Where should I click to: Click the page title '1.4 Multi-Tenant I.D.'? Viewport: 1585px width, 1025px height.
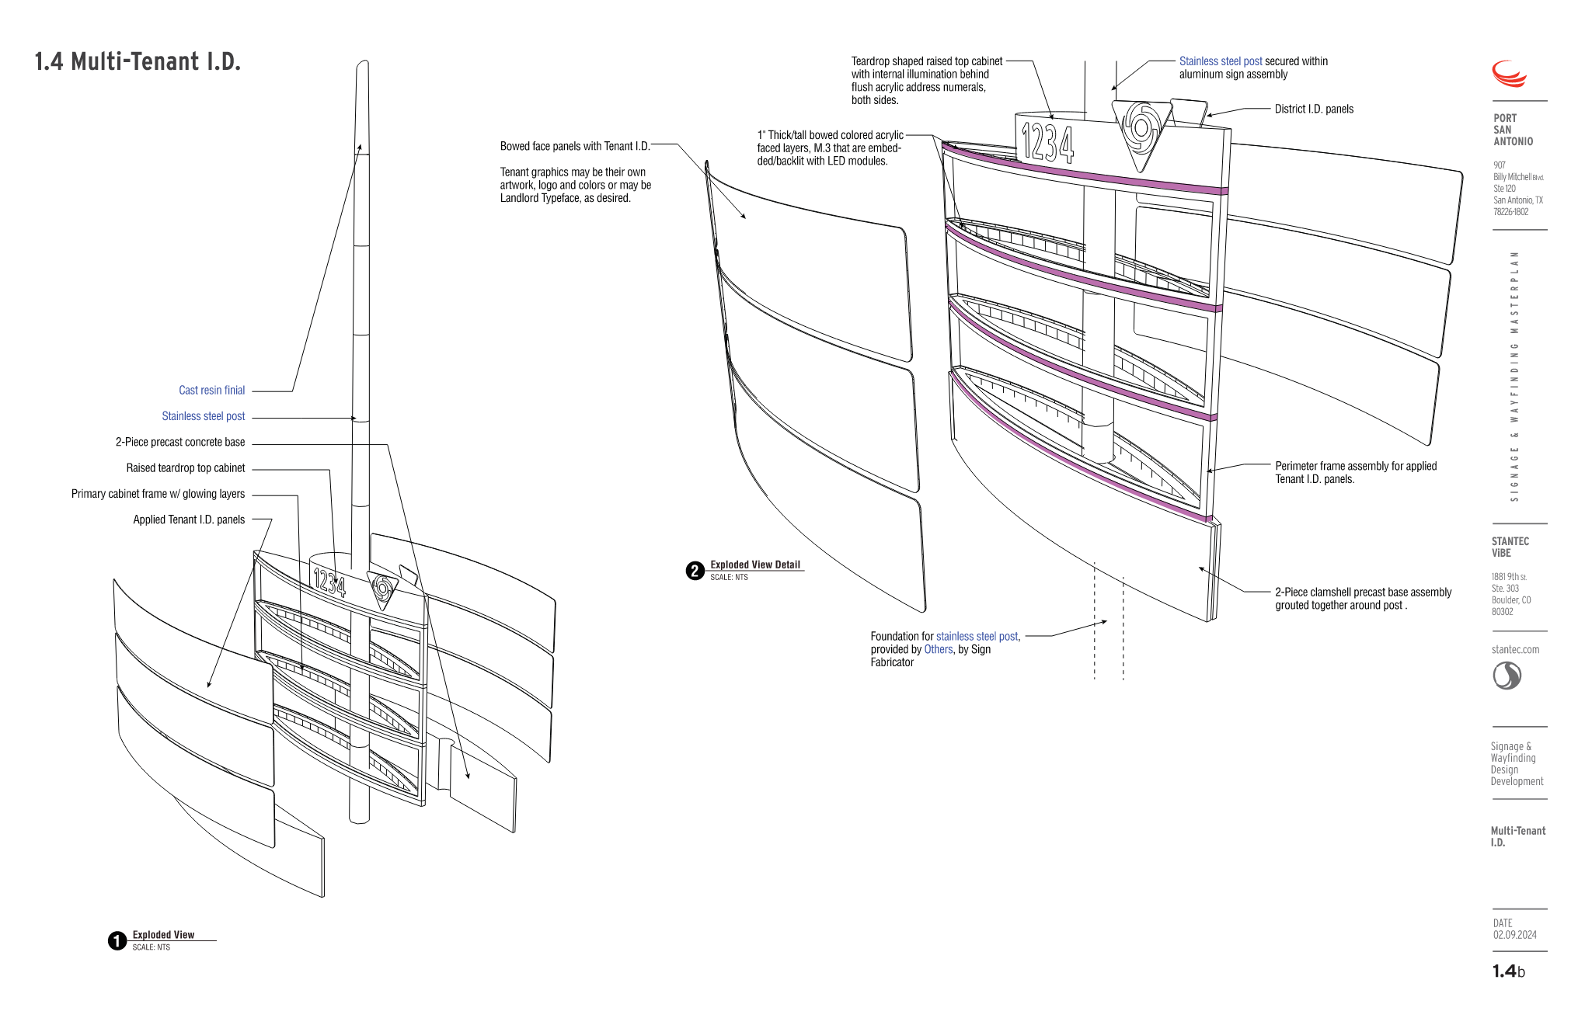138,62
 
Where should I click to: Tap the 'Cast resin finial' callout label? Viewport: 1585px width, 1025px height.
211,391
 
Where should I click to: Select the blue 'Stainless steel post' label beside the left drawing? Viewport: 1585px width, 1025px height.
203,416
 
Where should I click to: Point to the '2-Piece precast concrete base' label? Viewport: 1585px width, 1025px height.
180,442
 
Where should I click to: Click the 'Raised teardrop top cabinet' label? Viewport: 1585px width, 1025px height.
185,468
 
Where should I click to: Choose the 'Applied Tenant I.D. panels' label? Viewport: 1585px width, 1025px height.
189,519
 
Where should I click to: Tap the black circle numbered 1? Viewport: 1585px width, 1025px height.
117,941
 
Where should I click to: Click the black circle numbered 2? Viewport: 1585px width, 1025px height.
695,571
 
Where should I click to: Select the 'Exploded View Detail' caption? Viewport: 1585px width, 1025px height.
754,565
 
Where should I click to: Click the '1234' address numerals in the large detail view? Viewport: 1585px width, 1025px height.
1047,142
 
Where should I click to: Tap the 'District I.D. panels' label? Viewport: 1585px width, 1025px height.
1314,109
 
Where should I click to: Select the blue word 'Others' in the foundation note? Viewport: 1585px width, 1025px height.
938,649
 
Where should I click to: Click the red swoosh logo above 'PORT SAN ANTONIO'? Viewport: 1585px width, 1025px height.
1509,74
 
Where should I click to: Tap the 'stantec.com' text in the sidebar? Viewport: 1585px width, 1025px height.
1515,649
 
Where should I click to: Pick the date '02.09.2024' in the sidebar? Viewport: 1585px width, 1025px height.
1514,935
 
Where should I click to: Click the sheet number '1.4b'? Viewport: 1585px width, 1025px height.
1508,971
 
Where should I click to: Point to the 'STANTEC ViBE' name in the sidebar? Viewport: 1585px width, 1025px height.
1510,547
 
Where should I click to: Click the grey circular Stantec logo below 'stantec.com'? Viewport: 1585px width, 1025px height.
1507,676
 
